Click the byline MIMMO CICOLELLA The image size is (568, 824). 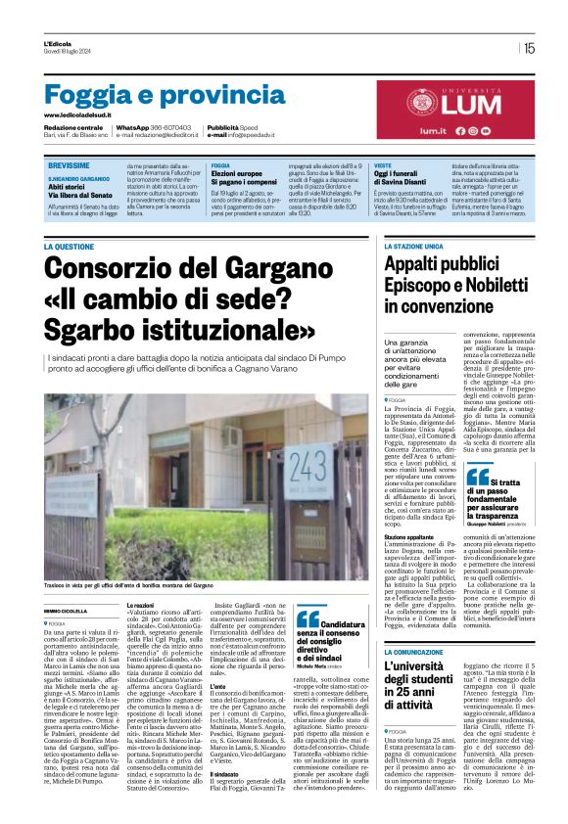66,609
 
